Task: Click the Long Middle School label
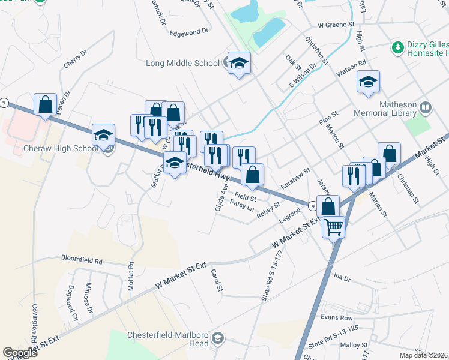(183, 63)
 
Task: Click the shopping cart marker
(333, 227)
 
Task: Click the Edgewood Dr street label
(188, 31)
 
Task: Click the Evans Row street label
(337, 317)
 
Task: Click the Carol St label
(217, 281)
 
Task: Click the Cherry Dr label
(76, 60)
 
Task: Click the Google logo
(20, 353)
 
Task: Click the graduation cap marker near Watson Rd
(368, 82)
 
